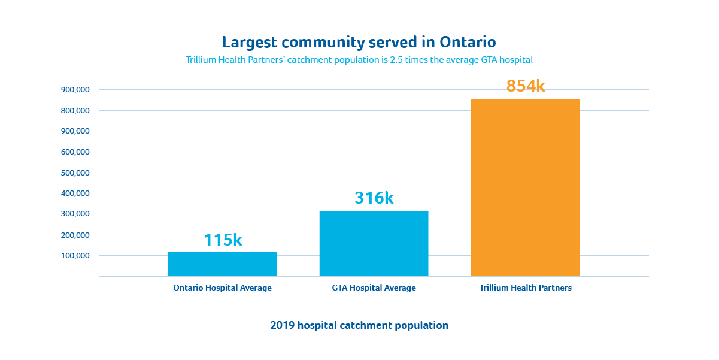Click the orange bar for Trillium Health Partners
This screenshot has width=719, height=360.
525,187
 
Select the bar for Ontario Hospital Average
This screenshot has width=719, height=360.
222,264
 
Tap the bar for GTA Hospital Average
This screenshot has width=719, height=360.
374,243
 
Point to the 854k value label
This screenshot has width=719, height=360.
526,86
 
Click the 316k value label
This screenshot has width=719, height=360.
374,198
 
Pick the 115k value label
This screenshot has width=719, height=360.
223,240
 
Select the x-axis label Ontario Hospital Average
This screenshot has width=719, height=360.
222,288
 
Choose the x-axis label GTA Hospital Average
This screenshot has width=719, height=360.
374,288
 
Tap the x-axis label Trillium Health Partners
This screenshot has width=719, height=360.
525,288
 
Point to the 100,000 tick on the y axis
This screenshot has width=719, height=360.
75,256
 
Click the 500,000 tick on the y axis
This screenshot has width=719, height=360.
75,173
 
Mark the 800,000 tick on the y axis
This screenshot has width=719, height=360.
75,111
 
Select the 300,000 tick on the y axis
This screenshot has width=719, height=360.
75,214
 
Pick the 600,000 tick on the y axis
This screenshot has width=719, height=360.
75,152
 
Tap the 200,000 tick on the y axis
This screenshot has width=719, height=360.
75,235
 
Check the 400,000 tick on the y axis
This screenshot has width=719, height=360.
75,193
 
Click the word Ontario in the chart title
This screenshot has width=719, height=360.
468,42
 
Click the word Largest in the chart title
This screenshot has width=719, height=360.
247,43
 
